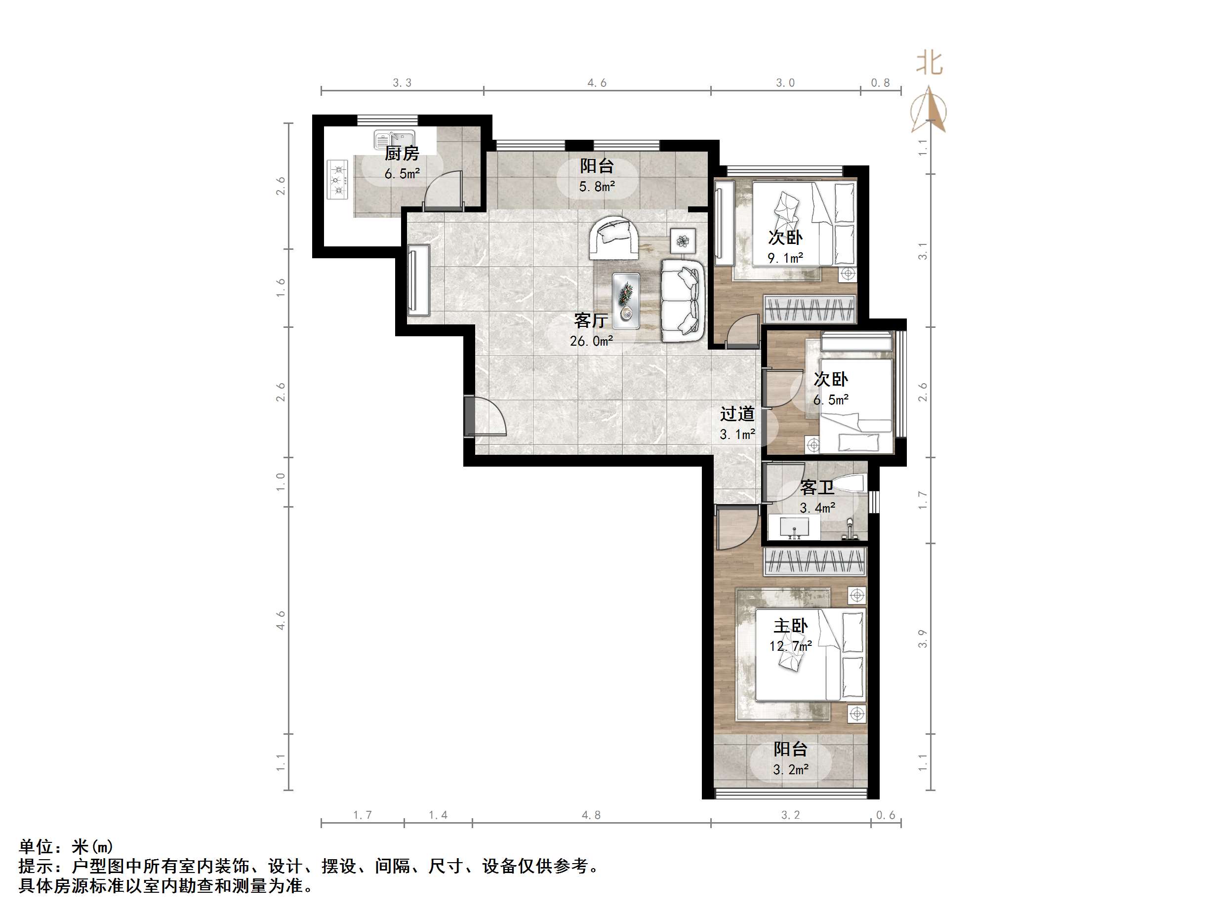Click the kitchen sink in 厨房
[x=394, y=139]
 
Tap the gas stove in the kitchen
[x=338, y=180]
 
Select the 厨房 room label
[x=402, y=154]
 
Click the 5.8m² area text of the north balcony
[x=597, y=187]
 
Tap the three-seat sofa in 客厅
[x=683, y=301]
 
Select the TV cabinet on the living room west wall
[x=418, y=281]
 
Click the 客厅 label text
[x=591, y=320]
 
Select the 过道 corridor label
[x=737, y=414]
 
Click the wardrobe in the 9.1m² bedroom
[x=809, y=309]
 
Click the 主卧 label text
[x=790, y=626]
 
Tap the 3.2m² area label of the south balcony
[x=790, y=770]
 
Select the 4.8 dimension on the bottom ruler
[x=591, y=815]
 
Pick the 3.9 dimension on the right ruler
[x=923, y=638]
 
